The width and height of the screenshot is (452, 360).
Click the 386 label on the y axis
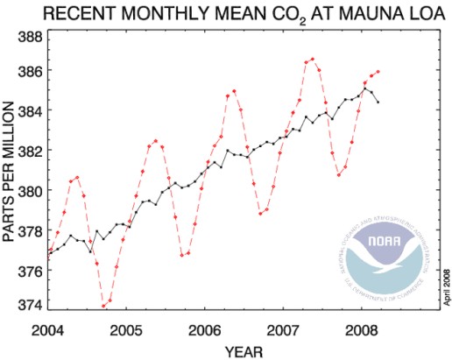pos(30,70)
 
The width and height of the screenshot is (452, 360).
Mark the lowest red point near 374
pos(103,306)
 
